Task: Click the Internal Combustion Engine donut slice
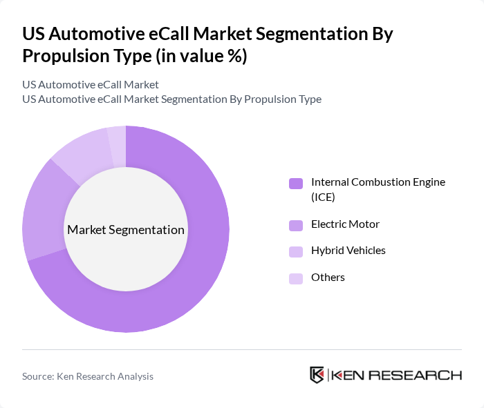(201, 276)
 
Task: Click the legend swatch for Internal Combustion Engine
(296, 183)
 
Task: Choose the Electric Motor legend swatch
(296, 225)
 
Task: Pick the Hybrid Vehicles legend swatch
(296, 251)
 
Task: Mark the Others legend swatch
(296, 278)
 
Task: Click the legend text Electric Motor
(345, 224)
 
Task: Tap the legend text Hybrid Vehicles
(348, 251)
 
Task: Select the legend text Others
(328, 278)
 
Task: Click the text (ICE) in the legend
(323, 197)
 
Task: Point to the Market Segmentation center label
(126, 230)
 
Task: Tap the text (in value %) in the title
(201, 56)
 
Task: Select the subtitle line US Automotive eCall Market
(91, 85)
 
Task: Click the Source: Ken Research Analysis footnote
(88, 376)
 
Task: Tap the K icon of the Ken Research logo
(317, 375)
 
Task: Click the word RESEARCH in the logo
(421, 376)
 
